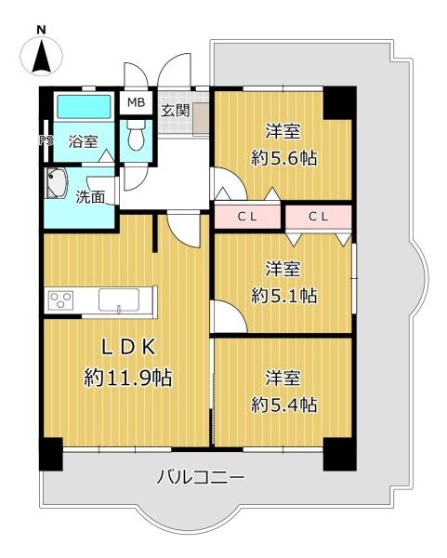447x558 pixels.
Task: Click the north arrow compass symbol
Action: [x=42, y=56]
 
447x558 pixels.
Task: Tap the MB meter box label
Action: [x=137, y=102]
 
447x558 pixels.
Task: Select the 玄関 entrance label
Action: [x=176, y=111]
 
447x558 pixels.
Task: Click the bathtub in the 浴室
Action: [x=84, y=106]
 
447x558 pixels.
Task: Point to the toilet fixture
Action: [x=137, y=134]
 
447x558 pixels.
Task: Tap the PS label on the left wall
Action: [x=46, y=140]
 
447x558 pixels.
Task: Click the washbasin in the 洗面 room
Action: [x=57, y=183]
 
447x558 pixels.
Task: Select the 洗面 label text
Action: [x=90, y=197]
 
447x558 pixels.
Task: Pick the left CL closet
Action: [x=247, y=217]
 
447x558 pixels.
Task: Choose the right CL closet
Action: [x=319, y=217]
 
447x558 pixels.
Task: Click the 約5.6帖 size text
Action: [x=283, y=158]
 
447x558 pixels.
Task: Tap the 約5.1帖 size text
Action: [x=283, y=296]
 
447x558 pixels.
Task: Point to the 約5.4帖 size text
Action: [x=283, y=405]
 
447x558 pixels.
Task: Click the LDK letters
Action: [x=128, y=347]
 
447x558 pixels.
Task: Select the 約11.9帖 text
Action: [x=128, y=378]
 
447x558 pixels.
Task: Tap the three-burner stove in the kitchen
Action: [x=61, y=299]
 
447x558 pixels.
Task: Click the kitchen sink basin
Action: [x=119, y=299]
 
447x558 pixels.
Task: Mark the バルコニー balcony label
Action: [x=201, y=476]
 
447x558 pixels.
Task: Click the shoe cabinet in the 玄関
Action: [x=201, y=118]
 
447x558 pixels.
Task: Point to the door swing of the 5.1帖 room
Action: [x=230, y=316]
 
